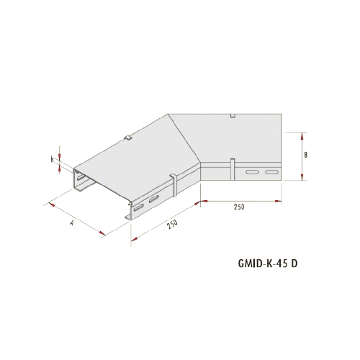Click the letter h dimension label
(52, 159)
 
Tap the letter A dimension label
(71, 223)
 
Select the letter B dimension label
(305, 155)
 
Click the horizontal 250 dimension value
(239, 207)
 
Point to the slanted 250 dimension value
(173, 224)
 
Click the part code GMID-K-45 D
(268, 264)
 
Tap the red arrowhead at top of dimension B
(302, 136)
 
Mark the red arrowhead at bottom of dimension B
(302, 176)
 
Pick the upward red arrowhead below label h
(60, 170)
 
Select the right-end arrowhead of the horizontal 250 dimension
(278, 201)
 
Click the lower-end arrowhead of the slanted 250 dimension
(135, 238)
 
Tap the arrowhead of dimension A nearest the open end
(52, 204)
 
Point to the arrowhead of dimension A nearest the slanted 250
(102, 233)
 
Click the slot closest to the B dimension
(271, 172)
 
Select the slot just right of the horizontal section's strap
(252, 172)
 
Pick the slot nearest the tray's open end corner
(138, 208)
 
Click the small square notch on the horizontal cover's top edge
(233, 116)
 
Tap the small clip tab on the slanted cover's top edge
(128, 138)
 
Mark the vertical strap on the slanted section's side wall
(174, 186)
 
